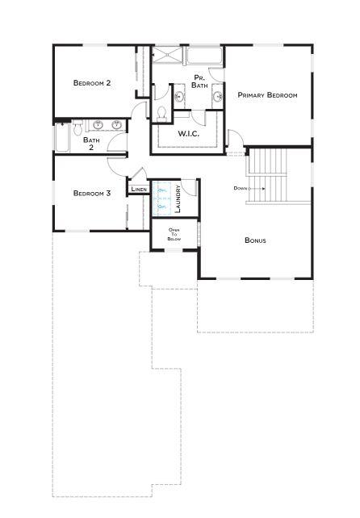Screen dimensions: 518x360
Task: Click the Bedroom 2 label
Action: pos(91,83)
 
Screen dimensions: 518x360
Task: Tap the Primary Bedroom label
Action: pos(267,95)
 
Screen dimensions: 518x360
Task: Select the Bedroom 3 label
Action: pos(91,193)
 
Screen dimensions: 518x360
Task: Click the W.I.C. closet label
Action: pos(188,133)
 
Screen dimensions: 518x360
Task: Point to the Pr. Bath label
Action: pos(200,81)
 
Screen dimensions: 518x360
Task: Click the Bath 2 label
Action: pos(91,144)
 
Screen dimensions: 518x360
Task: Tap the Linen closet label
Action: pos(139,190)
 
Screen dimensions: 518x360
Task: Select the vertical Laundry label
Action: pos(177,200)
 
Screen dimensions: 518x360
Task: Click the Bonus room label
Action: pos(255,240)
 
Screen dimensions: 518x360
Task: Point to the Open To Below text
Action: pos(174,236)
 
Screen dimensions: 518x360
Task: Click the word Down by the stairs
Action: pos(241,188)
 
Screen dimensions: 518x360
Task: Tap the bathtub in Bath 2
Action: pos(63,138)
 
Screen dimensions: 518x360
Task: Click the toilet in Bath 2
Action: pos(78,128)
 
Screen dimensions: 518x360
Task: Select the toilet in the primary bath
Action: pos(161,111)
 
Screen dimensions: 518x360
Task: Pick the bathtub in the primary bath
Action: pos(205,56)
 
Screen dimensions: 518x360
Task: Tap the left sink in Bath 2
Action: pos(99,125)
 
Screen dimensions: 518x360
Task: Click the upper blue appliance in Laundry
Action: pos(161,190)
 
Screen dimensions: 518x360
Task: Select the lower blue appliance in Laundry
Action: pos(161,207)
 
